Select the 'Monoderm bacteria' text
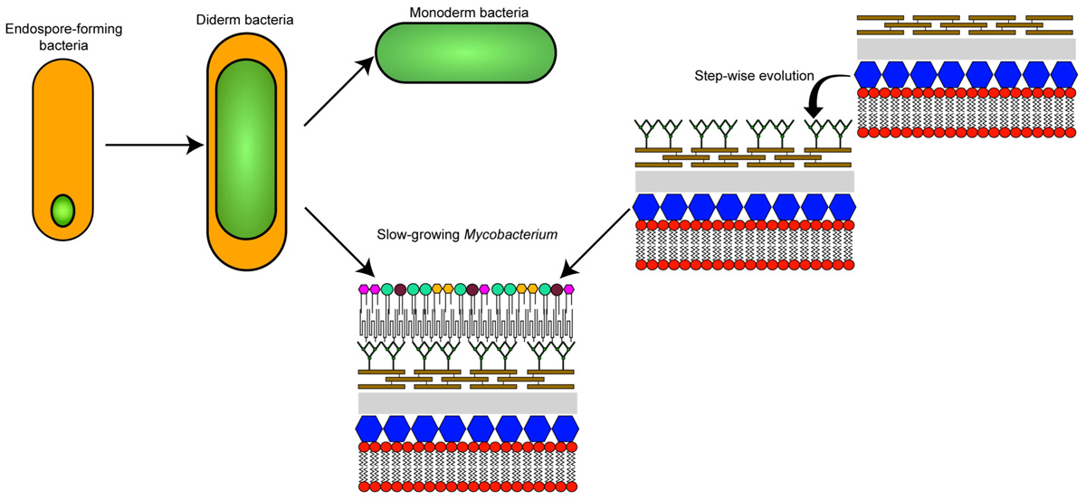point(456,13)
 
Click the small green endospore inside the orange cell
point(62,211)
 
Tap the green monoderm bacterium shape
point(456,54)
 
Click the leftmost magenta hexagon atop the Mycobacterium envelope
point(365,289)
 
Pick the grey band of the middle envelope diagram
point(744,181)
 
